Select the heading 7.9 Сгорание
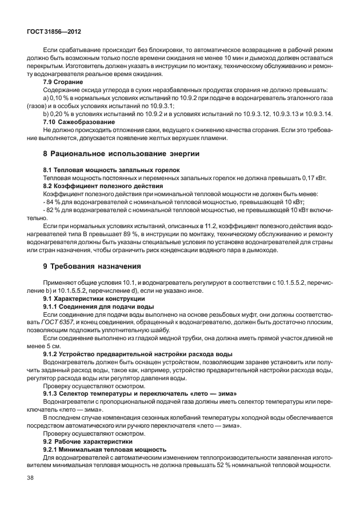coord(63,82)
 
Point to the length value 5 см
coord(53,346)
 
